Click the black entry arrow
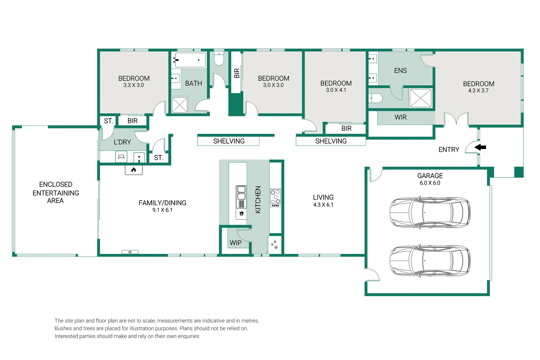pyautogui.click(x=480, y=147)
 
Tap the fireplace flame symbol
pyautogui.click(x=134, y=170)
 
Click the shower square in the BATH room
pyautogui.click(x=180, y=105)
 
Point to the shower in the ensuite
pyautogui.click(x=420, y=98)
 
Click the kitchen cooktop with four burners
pyautogui.click(x=275, y=197)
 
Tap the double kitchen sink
pyautogui.click(x=241, y=192)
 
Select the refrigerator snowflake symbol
pyautogui.click(x=275, y=245)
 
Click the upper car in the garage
pyautogui.click(x=430, y=212)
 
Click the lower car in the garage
pyautogui.click(x=430, y=261)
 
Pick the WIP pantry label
pyautogui.click(x=236, y=243)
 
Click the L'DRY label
pyautogui.click(x=122, y=142)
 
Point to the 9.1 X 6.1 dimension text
pyautogui.click(x=163, y=210)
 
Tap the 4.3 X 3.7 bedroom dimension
pyautogui.click(x=478, y=91)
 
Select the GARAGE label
pyautogui.click(x=430, y=176)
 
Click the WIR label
pyautogui.click(x=400, y=117)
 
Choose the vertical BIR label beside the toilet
pyautogui.click(x=237, y=73)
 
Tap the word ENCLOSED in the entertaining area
pyautogui.click(x=56, y=184)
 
